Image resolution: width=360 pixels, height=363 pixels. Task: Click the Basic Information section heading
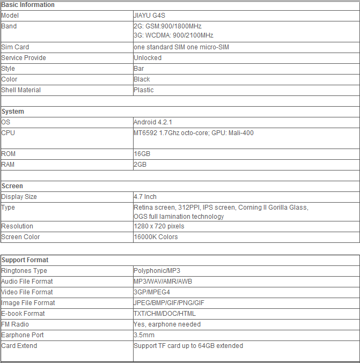pos(28,5)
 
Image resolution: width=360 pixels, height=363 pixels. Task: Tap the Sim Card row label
pos(15,47)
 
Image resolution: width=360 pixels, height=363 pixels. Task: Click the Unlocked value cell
pos(148,58)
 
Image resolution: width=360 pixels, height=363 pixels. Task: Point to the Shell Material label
pos(21,90)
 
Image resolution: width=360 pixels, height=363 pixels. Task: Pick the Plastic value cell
pos(144,90)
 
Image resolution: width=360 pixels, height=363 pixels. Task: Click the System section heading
pos(13,112)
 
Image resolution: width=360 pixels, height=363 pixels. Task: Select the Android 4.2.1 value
pos(153,122)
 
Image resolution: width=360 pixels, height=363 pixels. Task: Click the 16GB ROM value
pos(142,154)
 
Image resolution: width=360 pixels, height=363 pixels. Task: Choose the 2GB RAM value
pos(140,165)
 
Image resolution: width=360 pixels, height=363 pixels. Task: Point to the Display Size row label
pos(19,197)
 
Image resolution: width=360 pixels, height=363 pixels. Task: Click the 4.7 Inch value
pos(145,197)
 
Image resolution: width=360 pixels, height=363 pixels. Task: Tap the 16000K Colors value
pos(156,237)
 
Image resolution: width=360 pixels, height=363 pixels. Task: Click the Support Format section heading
pos(25,260)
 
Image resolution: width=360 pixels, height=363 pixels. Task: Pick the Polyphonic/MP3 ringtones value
pos(157,271)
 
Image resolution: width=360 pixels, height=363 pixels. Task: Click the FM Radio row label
pos(15,324)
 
